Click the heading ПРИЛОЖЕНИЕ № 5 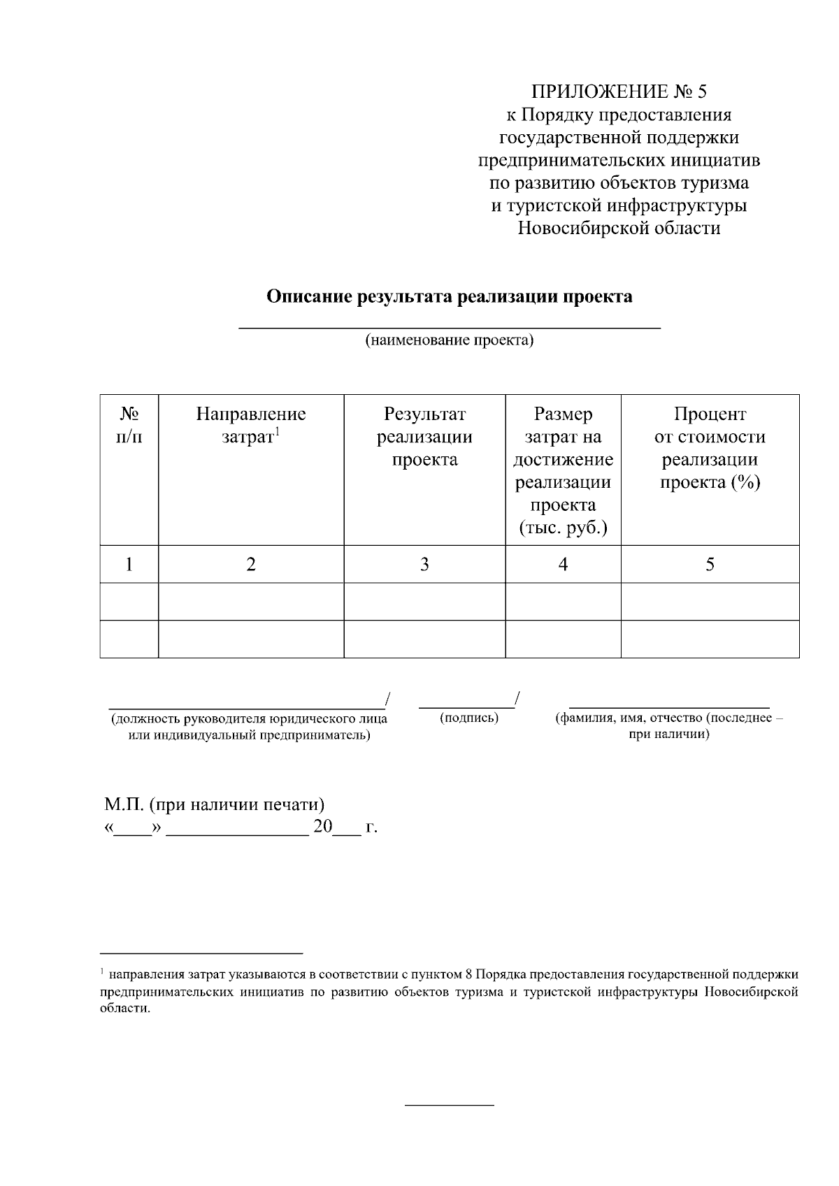pyautogui.click(x=619, y=92)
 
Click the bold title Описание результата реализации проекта pyautogui.click(x=450, y=296)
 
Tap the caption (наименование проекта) pyautogui.click(x=450, y=340)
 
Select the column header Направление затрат pyautogui.click(x=250, y=426)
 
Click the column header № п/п pyautogui.click(x=129, y=426)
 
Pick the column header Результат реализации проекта pyautogui.click(x=424, y=437)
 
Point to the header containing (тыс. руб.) pyautogui.click(x=563, y=528)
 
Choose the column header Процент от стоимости pyautogui.click(x=710, y=448)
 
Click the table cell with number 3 pyautogui.click(x=424, y=565)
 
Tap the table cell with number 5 pyautogui.click(x=710, y=565)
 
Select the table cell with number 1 pyautogui.click(x=129, y=565)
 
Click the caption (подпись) pyautogui.click(x=469, y=718)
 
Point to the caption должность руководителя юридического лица pyautogui.click(x=250, y=719)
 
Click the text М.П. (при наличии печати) pyautogui.click(x=215, y=804)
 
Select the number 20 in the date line pyautogui.click(x=322, y=827)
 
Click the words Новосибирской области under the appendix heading pyautogui.click(x=619, y=228)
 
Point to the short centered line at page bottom pyautogui.click(x=450, y=1106)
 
